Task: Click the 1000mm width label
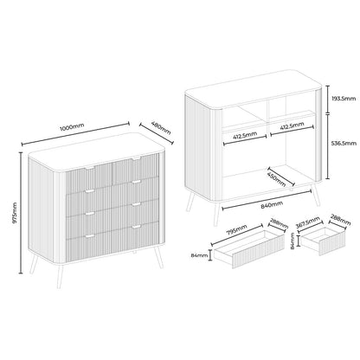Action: (x=72, y=127)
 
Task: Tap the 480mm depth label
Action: (x=161, y=127)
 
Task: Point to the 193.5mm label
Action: (x=344, y=99)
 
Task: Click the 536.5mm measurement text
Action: (x=344, y=143)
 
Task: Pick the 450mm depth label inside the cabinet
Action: (x=276, y=179)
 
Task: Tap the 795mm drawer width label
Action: (x=236, y=230)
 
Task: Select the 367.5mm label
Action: (x=308, y=222)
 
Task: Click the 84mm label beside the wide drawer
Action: (x=199, y=255)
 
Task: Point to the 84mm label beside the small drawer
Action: (x=292, y=241)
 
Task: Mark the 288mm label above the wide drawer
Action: (x=279, y=222)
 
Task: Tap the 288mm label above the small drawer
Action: (x=341, y=220)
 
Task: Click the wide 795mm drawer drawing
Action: (x=249, y=249)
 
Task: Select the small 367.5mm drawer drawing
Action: (x=324, y=241)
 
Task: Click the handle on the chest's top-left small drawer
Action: (x=90, y=168)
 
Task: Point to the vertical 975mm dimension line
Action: (x=21, y=213)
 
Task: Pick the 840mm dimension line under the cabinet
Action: (x=267, y=198)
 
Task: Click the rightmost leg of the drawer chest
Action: (x=158, y=257)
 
